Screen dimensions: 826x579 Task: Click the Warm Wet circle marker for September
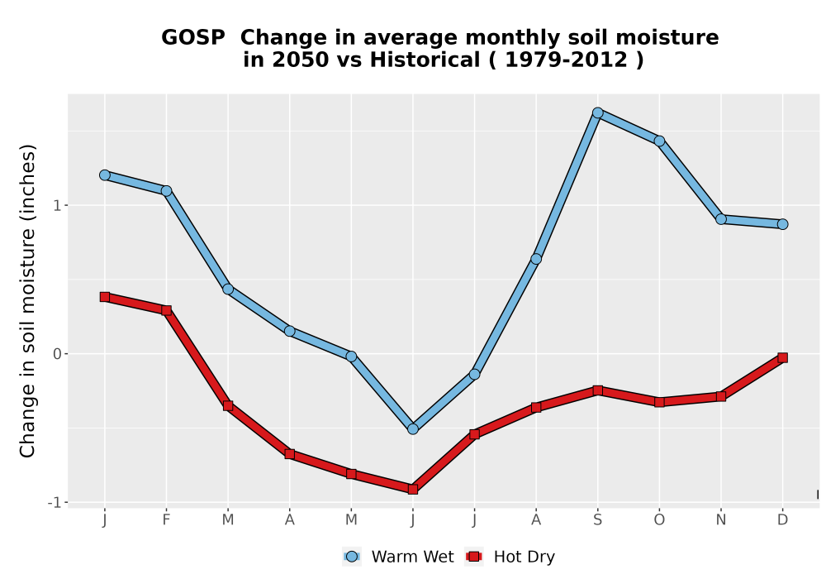pos(597,112)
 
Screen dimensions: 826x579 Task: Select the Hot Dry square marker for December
pos(782,357)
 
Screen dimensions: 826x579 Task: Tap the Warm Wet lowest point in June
pos(413,428)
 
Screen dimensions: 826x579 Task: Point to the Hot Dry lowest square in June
pos(413,490)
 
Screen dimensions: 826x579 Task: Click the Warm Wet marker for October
pos(659,141)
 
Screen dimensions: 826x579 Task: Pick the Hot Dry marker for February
pos(167,310)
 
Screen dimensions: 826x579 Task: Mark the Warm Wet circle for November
pos(720,219)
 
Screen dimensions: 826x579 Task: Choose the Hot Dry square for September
pos(597,390)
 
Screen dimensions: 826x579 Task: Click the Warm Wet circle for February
pos(167,190)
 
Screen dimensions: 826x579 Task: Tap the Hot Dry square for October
pos(659,402)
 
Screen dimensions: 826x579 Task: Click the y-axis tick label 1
pos(58,205)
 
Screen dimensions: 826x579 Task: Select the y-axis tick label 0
pos(58,354)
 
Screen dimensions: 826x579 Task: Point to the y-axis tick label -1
pos(55,503)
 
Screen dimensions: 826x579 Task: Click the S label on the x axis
pos(597,520)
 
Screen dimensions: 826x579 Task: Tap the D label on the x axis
pos(782,520)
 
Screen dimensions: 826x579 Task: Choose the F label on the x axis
pos(167,520)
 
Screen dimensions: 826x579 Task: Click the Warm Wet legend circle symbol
pos(352,557)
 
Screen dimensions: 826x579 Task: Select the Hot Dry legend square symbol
pos(474,557)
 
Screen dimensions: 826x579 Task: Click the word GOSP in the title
pos(192,37)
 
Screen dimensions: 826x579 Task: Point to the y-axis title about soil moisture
pos(27,300)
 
